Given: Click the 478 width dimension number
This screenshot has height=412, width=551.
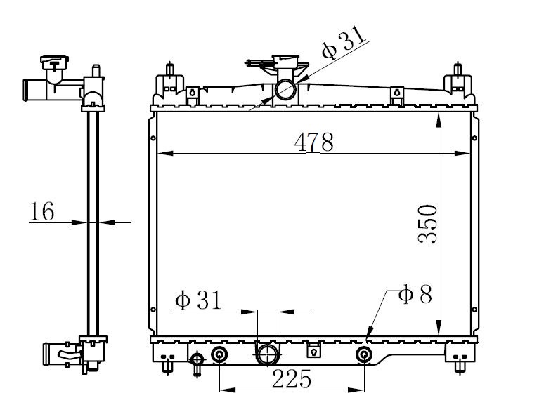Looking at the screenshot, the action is (x=313, y=142).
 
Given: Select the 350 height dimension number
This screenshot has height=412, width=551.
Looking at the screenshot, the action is (x=427, y=224).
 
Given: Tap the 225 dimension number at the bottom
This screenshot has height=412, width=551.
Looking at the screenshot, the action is (x=292, y=379).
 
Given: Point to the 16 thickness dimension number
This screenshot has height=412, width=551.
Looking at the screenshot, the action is (x=42, y=211).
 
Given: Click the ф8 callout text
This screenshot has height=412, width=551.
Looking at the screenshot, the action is (x=415, y=293).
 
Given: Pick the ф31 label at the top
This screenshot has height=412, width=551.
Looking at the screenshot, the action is (x=344, y=44).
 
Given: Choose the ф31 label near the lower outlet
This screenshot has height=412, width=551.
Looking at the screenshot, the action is (x=198, y=300).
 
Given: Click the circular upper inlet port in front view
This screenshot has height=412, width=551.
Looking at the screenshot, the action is (x=285, y=90).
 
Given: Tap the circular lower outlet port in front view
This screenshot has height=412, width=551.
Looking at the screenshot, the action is (x=268, y=354).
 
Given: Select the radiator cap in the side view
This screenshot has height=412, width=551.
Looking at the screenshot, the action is (x=54, y=63).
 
